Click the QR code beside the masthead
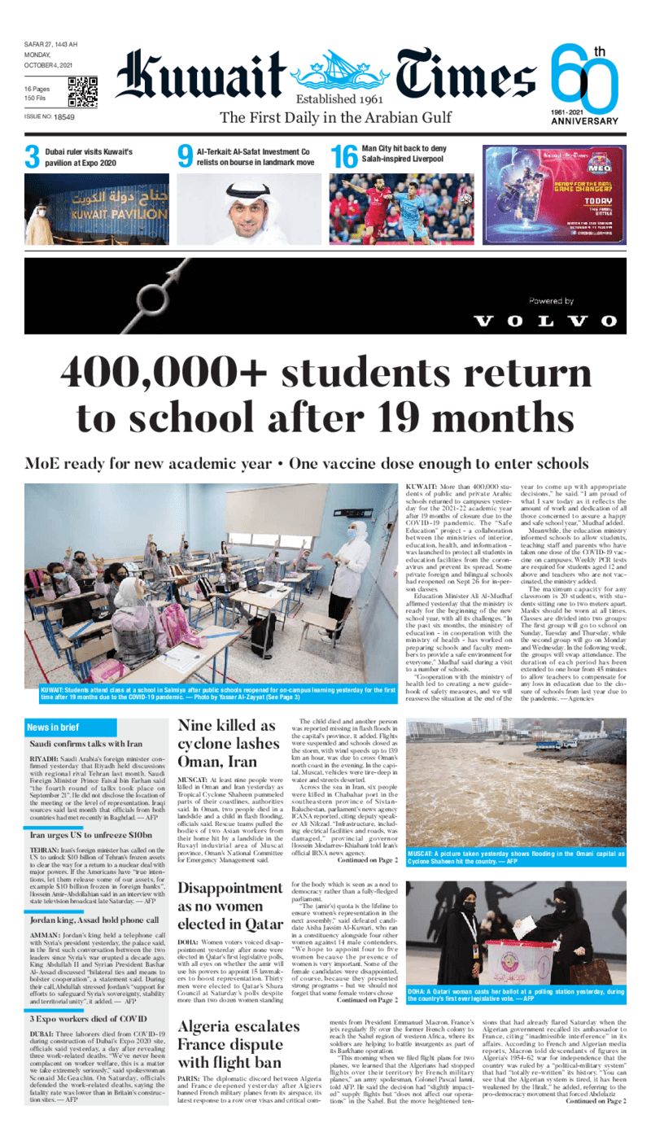[x=82, y=92]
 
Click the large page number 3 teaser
[x=32, y=158]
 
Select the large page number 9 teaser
[x=185, y=158]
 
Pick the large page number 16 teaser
[x=342, y=158]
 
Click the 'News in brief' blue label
[x=53, y=727]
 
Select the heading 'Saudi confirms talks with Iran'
[x=85, y=744]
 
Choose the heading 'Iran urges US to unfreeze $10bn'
[x=90, y=835]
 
